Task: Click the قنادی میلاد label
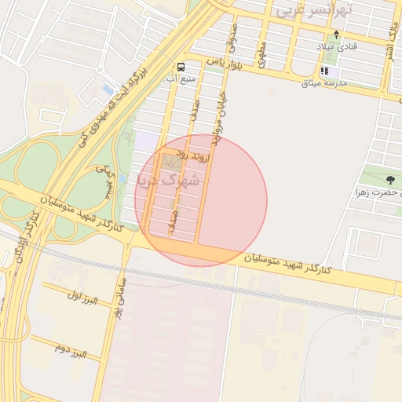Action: (337, 47)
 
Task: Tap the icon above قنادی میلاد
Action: (337, 35)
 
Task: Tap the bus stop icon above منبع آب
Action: (181, 67)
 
